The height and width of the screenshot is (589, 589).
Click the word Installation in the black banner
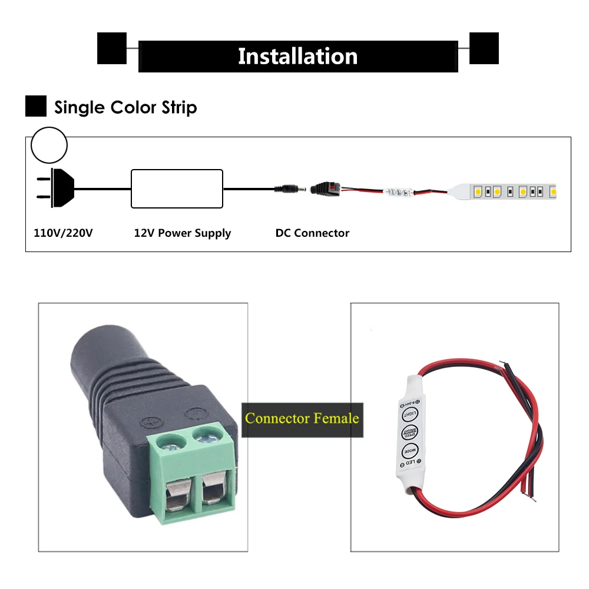point(297,57)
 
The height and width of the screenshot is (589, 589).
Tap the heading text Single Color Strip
point(125,107)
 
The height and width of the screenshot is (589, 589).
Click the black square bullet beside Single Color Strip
point(36,106)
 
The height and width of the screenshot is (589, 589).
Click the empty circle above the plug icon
point(49,145)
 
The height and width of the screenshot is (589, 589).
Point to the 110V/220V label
point(64,233)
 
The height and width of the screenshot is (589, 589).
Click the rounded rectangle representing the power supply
point(177,188)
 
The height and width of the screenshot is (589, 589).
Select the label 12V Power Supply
point(183,233)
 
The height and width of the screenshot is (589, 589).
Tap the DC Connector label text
point(312,233)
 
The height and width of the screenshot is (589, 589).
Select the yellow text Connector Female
point(302,419)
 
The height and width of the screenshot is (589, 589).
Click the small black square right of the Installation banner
point(484,48)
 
